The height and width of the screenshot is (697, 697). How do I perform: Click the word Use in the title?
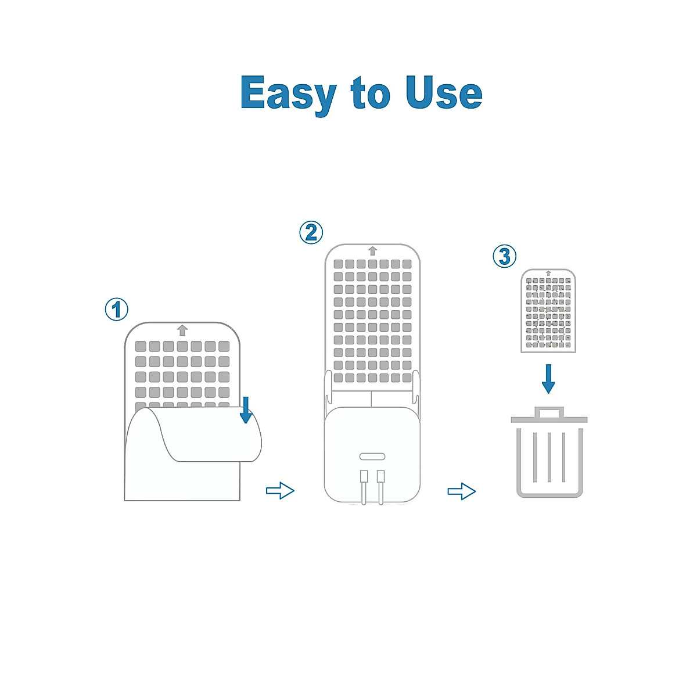[x=444, y=94]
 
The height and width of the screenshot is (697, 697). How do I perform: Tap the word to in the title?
[x=370, y=95]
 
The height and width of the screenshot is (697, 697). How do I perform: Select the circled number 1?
[x=117, y=309]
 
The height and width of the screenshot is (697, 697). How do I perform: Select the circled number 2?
[x=311, y=232]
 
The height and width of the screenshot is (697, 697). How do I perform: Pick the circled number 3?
[x=505, y=256]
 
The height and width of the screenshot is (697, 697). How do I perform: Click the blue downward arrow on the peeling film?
[x=246, y=409]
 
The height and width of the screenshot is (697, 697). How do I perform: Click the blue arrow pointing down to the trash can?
[x=548, y=379]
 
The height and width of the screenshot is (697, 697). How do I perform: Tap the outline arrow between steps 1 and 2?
[x=280, y=491]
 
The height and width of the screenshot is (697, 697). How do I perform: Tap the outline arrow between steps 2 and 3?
[x=462, y=491]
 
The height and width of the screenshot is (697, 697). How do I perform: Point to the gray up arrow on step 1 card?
[x=182, y=330]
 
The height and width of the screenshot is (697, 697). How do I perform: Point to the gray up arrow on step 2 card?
[x=372, y=251]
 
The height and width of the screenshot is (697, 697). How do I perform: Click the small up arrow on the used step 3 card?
[x=548, y=273]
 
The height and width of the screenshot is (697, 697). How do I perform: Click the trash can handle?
[x=549, y=412]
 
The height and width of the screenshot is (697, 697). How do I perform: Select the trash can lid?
[x=549, y=419]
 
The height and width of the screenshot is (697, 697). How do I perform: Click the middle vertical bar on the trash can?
[x=549, y=457]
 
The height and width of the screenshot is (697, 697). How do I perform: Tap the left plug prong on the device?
[x=364, y=484]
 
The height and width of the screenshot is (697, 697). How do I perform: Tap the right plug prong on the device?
[x=381, y=484]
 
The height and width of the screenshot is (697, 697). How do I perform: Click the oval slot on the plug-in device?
[x=372, y=456]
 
